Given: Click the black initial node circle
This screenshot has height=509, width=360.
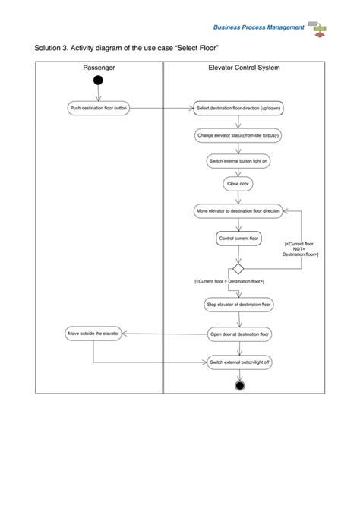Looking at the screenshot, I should point(98,80).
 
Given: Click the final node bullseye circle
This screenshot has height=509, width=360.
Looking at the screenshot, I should point(240,386).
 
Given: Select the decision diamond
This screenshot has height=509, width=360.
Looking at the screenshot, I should point(238,269).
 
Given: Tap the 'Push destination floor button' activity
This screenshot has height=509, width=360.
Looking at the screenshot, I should point(99,109).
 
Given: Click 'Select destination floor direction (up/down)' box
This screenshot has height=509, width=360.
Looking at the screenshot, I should point(238,109).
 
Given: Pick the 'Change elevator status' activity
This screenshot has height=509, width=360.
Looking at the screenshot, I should point(238,135).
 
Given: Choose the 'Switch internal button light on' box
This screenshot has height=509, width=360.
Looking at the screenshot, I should point(238,161).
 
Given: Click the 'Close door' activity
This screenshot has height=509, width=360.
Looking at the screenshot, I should point(238,184).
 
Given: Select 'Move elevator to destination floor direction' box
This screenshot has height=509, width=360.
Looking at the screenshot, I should point(238,210).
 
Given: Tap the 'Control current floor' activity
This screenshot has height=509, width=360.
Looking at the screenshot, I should point(239,239).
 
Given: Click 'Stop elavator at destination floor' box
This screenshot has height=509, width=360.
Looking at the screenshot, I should point(239,305).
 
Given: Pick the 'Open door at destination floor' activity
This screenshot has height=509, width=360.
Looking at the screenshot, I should point(239,334).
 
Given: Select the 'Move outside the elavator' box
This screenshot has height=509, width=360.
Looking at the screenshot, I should point(93,334).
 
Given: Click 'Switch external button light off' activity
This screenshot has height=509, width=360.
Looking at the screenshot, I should point(239,362).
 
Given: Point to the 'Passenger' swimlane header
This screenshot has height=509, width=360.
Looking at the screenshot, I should point(99,68).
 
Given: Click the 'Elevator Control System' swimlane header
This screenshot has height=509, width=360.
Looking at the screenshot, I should point(244,68).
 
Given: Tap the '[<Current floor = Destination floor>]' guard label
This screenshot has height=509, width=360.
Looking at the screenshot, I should point(229,282).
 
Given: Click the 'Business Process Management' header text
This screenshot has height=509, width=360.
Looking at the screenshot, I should point(258,27).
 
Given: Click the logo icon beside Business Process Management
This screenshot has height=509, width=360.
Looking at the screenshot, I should point(317,28).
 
